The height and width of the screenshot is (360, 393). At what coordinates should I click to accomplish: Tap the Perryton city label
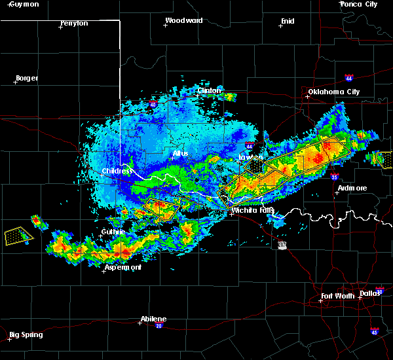point(74,23)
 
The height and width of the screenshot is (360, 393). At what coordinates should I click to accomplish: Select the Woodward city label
point(183,20)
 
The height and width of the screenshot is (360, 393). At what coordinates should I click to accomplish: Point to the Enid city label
point(288,21)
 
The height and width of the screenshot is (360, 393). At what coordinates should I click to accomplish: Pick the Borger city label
point(27,78)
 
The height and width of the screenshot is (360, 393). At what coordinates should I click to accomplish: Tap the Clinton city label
point(210,90)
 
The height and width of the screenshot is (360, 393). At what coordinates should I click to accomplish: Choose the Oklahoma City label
point(334,92)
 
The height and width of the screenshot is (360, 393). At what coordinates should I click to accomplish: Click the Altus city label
point(180,153)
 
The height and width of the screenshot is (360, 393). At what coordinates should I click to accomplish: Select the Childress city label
point(117,171)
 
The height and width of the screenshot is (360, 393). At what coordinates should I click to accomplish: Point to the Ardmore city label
point(352,188)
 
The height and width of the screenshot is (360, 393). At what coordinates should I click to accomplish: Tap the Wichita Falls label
point(253,211)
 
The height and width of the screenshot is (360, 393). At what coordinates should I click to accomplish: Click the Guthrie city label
point(108,232)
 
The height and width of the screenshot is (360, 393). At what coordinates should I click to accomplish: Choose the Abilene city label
point(153,319)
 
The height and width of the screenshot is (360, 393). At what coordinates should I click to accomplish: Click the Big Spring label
point(26,335)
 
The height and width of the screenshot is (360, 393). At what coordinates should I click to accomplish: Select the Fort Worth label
point(338,297)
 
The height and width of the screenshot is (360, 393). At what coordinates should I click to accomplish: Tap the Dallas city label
point(371,293)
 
